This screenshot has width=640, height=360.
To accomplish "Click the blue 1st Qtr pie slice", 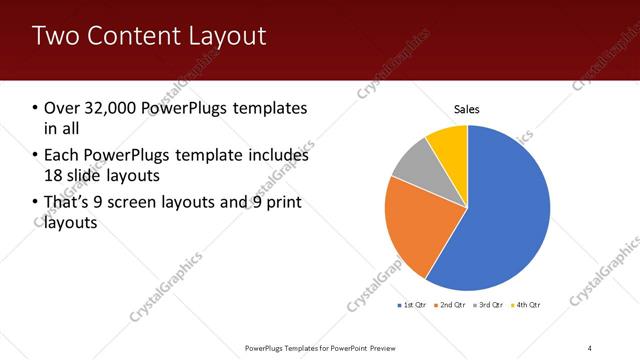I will point(505,210).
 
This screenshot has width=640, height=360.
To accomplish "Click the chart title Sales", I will point(467,108).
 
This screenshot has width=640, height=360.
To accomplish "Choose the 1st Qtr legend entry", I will point(414,304).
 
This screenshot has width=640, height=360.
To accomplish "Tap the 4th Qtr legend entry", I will point(528,304).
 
